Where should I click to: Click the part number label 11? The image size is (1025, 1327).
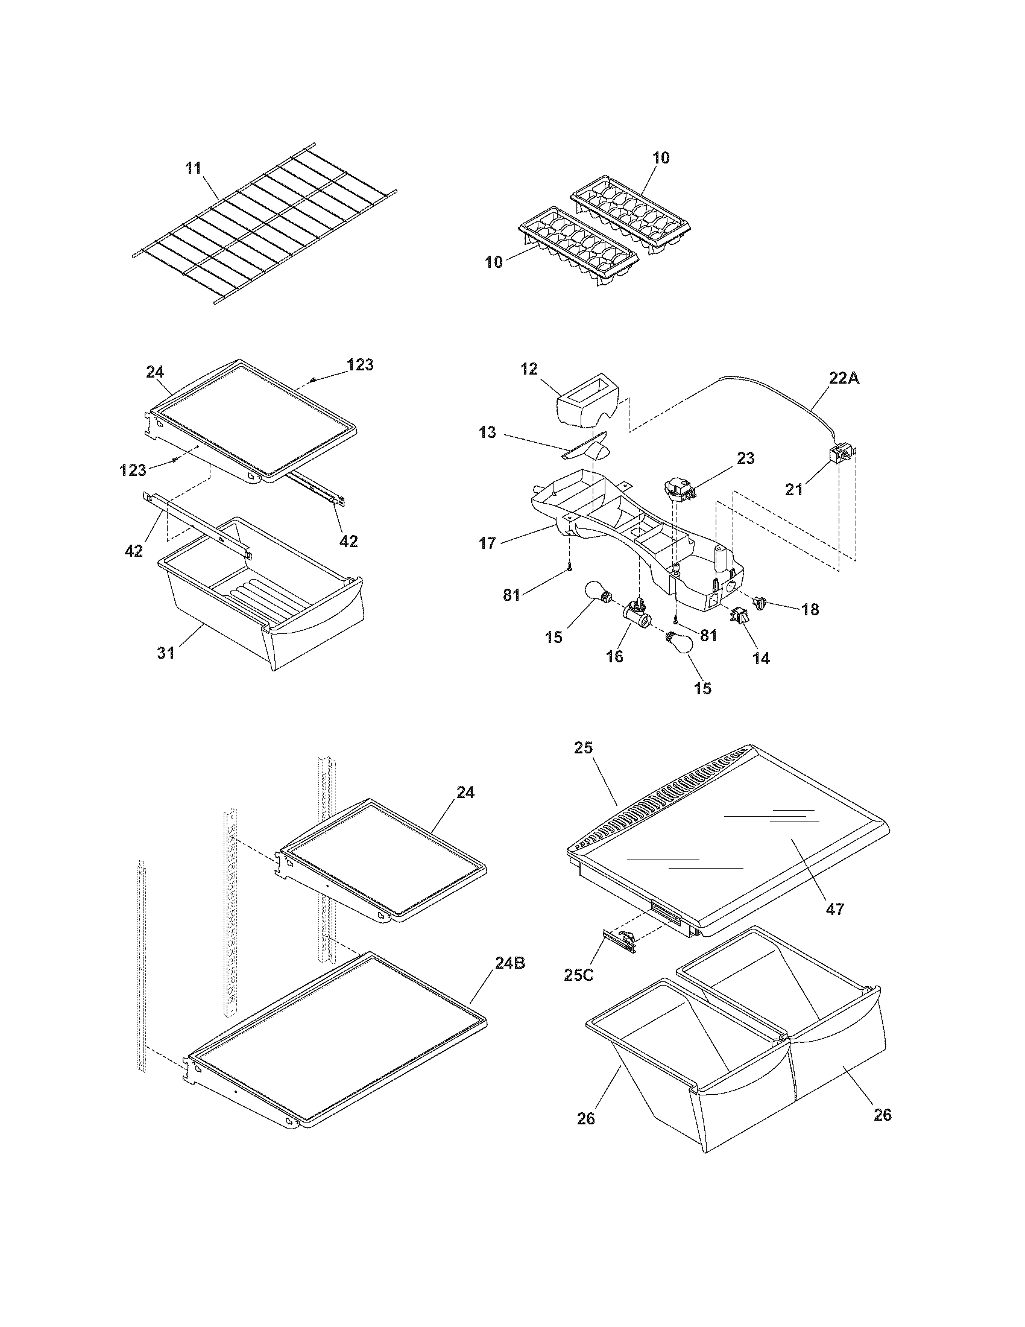pyautogui.click(x=193, y=168)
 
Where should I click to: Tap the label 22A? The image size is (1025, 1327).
pyautogui.click(x=844, y=378)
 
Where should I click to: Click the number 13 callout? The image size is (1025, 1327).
pyautogui.click(x=487, y=432)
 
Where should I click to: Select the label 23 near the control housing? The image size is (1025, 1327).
pyautogui.click(x=745, y=458)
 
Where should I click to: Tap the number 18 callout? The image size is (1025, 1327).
pyautogui.click(x=810, y=609)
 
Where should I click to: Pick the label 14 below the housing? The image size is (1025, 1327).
pyautogui.click(x=761, y=657)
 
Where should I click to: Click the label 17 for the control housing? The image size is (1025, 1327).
pyautogui.click(x=487, y=543)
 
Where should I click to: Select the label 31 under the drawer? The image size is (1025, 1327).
pyautogui.click(x=166, y=653)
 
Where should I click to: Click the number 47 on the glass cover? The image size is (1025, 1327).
pyautogui.click(x=835, y=909)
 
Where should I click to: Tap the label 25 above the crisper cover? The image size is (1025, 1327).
pyautogui.click(x=583, y=747)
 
